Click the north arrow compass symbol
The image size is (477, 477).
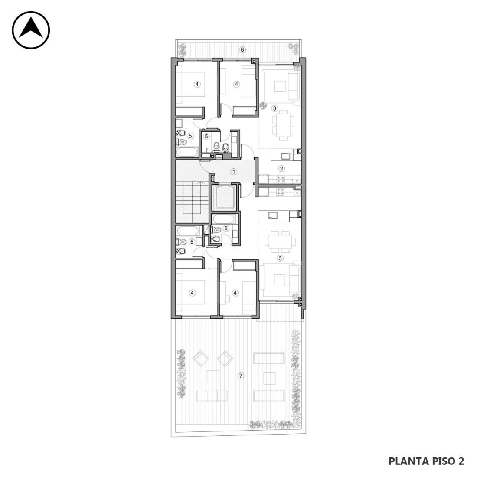click(x=31, y=30)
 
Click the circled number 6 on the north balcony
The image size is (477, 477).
click(x=242, y=49)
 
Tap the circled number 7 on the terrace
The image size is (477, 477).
click(x=241, y=376)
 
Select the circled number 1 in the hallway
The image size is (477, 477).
click(x=234, y=172)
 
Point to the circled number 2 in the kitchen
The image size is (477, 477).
click(x=282, y=168)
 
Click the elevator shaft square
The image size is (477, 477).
click(x=224, y=197)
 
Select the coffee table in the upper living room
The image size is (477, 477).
click(x=280, y=86)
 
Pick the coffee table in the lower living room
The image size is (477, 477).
click(x=280, y=280)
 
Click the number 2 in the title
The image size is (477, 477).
click(x=461, y=461)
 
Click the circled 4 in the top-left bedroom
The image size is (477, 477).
click(x=197, y=84)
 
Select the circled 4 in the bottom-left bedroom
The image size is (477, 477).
click(x=192, y=293)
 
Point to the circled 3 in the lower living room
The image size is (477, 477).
click(x=280, y=258)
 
